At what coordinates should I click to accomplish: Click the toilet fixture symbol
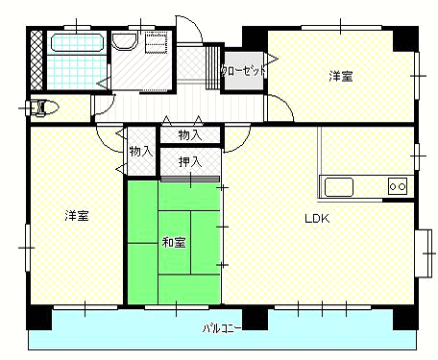42,108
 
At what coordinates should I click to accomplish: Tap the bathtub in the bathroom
77,42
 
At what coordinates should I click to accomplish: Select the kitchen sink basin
339,187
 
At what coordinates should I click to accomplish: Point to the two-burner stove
398,186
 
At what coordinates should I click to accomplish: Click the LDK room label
317,219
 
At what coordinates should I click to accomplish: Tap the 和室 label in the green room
174,242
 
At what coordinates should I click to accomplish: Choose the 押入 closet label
190,162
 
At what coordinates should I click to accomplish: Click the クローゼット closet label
243,71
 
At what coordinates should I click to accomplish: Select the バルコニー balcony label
222,328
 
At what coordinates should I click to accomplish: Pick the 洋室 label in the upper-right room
341,77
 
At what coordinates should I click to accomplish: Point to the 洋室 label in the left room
77,215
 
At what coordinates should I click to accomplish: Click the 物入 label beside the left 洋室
141,151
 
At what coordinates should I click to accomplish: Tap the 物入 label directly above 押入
190,135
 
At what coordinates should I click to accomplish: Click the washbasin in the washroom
125,41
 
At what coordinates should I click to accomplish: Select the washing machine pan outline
157,42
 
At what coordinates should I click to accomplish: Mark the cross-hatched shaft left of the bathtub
36,60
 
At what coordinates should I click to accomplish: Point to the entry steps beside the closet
212,67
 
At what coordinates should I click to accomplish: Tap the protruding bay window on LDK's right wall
424,253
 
